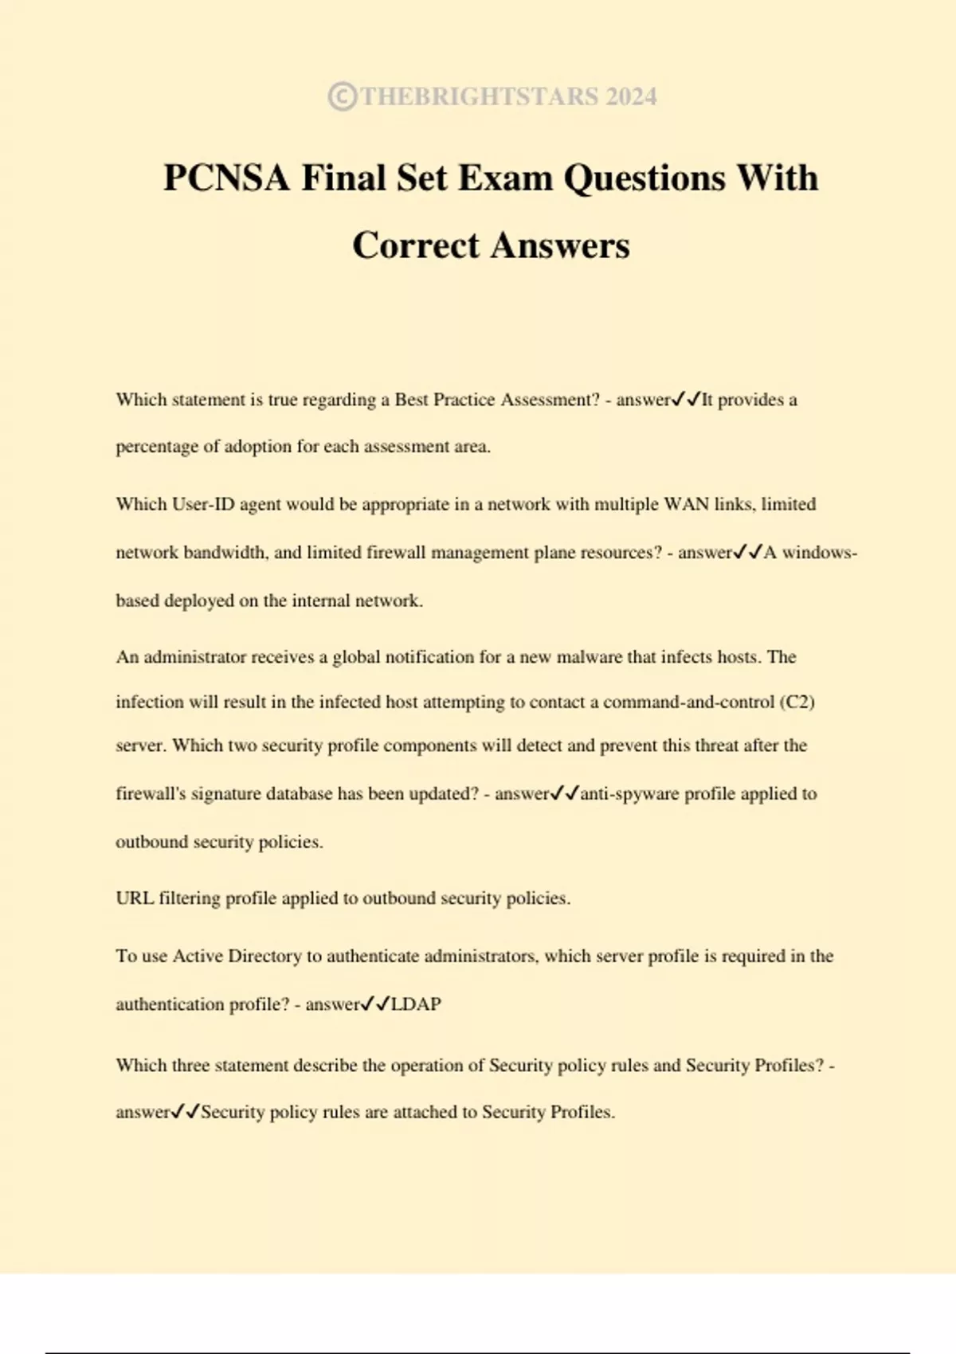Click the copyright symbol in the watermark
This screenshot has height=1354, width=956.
pyautogui.click(x=342, y=96)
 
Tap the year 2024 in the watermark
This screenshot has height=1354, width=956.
pyautogui.click(x=631, y=96)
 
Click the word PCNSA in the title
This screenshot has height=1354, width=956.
pyautogui.click(x=226, y=178)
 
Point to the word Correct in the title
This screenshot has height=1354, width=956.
pyautogui.click(x=416, y=245)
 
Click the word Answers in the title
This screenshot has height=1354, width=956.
pyautogui.click(x=560, y=245)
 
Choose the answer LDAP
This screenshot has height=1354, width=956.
pyautogui.click(x=416, y=1004)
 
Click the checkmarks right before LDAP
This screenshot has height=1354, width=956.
pyautogui.click(x=375, y=1004)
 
